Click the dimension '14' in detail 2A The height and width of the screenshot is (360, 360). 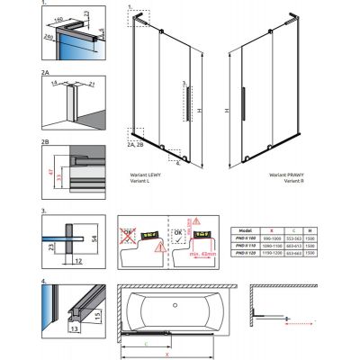(x=50, y=80)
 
